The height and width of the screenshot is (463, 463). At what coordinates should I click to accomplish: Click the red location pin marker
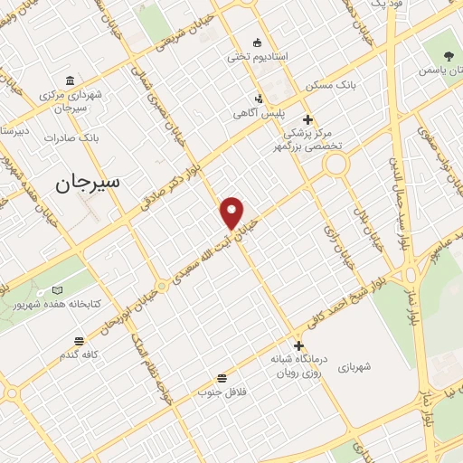(232, 213)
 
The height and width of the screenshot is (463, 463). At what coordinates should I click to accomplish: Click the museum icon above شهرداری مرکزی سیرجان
(71, 79)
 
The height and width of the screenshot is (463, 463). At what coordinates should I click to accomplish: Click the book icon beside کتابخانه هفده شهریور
(58, 289)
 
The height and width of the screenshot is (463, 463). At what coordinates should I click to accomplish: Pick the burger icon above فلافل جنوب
(222, 378)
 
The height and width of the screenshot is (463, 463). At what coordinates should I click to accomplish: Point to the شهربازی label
(355, 368)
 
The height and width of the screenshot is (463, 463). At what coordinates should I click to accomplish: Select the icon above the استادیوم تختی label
(257, 42)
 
